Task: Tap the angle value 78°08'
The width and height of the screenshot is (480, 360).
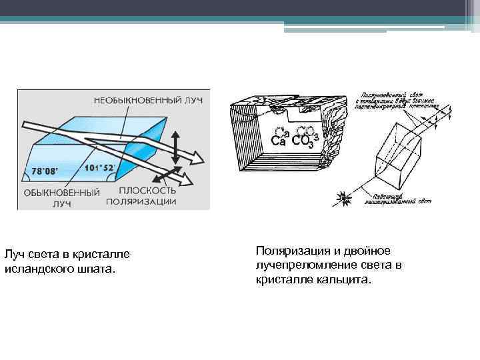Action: click(37, 171)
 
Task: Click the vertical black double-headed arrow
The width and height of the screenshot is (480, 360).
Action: click(175, 148)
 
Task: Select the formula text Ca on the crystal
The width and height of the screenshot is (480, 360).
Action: click(279, 141)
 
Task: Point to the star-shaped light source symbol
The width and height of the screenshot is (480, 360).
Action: click(343, 197)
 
